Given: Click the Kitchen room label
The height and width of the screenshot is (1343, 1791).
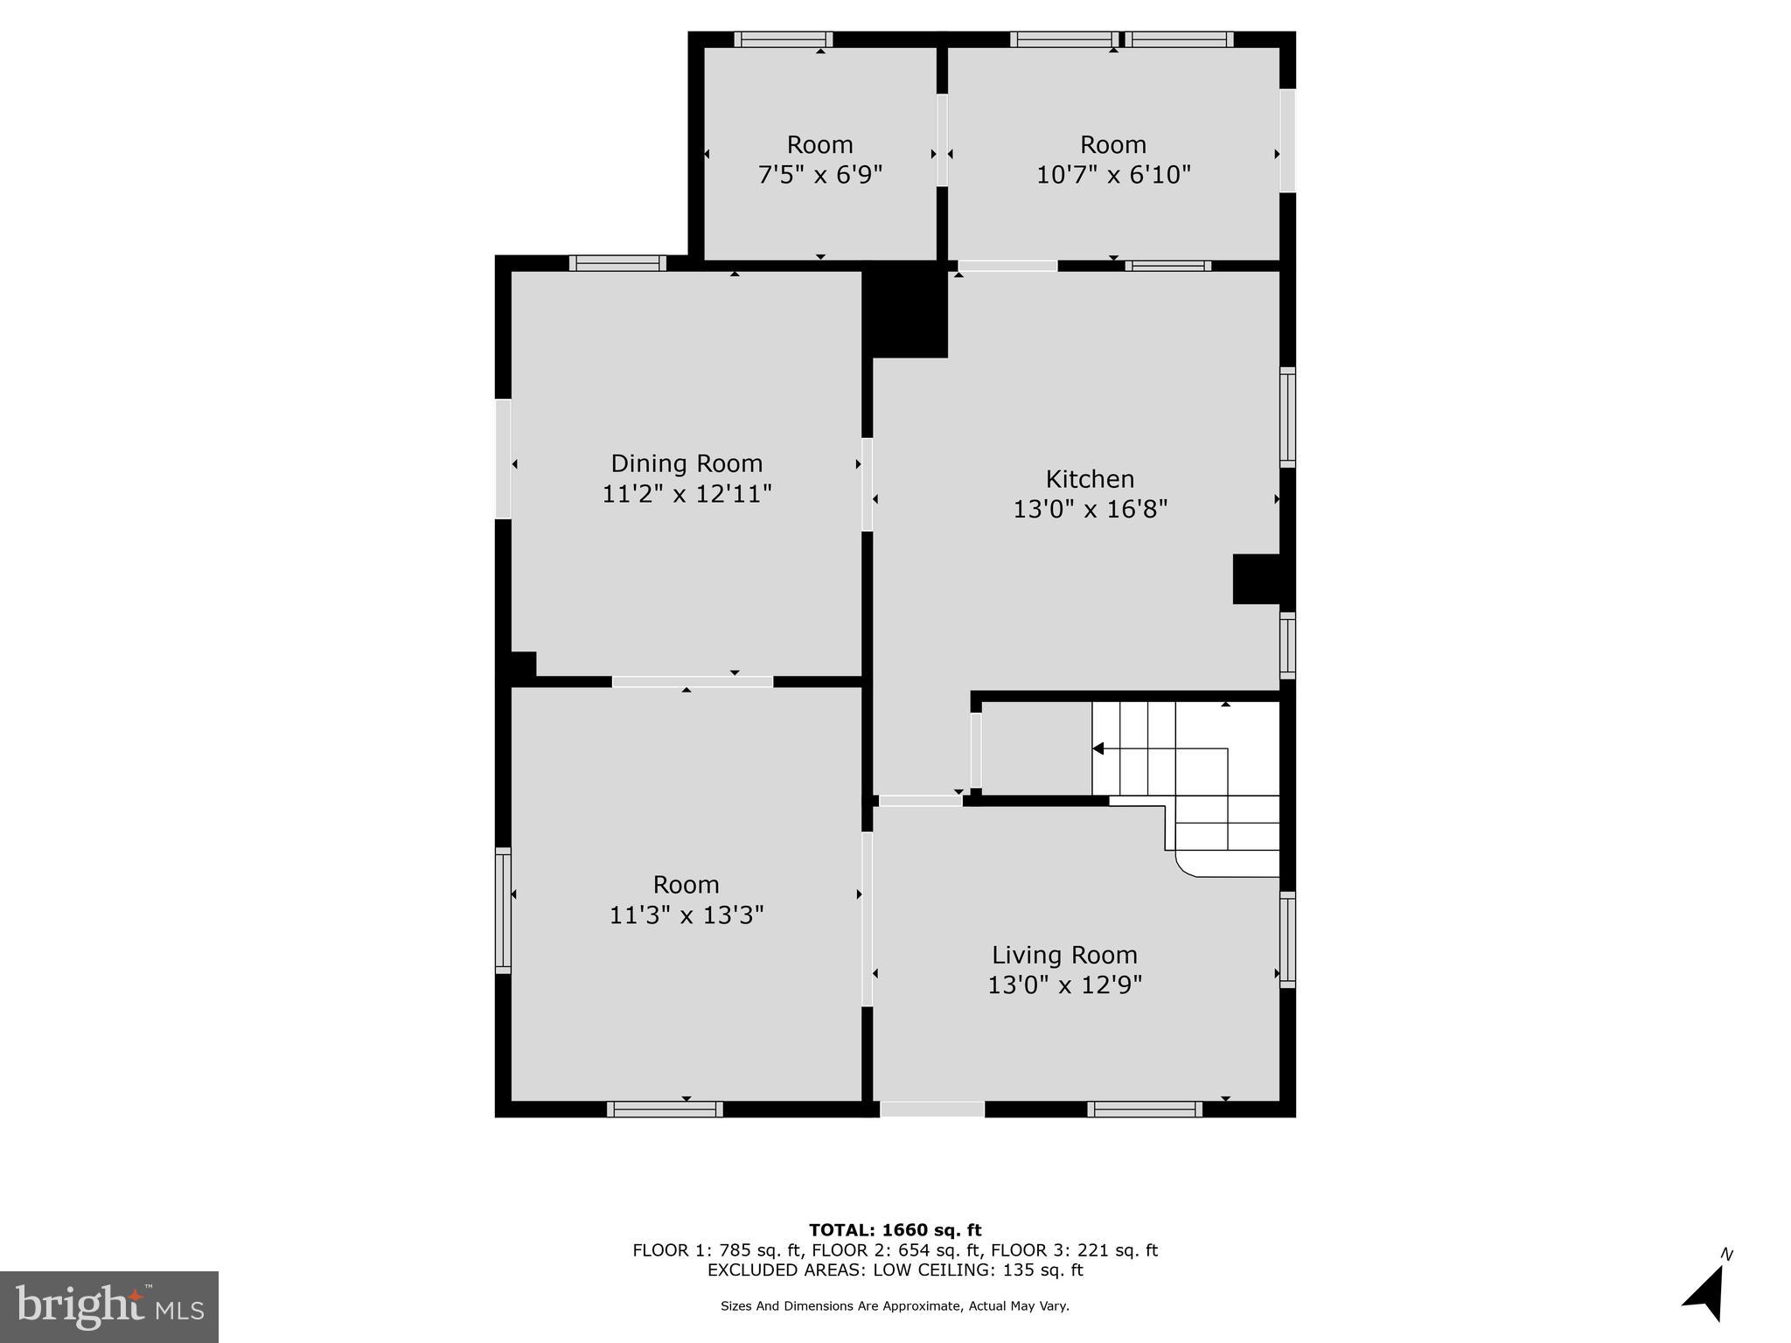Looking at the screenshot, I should [1090, 478].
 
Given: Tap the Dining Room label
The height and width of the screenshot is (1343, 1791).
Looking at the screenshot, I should [686, 463].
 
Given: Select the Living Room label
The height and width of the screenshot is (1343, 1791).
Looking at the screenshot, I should [1064, 955].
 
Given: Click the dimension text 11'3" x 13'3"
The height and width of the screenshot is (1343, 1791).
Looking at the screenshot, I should [686, 915].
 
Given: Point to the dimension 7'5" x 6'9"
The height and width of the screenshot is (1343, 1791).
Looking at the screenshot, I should [819, 175].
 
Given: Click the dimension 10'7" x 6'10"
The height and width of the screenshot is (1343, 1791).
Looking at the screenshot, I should [1113, 175].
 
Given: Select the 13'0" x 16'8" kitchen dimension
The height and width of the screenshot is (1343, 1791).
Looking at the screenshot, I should [1090, 509].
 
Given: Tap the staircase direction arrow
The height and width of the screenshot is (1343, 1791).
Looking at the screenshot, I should [1098, 748].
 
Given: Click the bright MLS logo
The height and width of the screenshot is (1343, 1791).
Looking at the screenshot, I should [109, 1306].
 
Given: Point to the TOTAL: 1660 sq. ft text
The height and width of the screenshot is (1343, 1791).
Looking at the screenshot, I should [895, 1230].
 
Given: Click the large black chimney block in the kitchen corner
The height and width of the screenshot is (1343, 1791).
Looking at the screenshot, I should [906, 311].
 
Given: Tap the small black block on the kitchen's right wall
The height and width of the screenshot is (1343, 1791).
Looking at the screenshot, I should [1257, 578].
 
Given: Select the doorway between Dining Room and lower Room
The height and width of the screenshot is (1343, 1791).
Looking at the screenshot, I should [692, 682].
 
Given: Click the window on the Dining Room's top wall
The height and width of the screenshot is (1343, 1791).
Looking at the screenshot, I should [617, 263].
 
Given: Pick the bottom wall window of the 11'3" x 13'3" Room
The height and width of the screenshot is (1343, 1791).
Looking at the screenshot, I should [665, 1109].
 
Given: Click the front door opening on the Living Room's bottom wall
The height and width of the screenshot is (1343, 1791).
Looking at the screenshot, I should [931, 1109].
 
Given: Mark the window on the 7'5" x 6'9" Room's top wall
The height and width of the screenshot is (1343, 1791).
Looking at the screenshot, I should [783, 39].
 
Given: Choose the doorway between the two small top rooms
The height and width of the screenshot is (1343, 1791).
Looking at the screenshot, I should [942, 140].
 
